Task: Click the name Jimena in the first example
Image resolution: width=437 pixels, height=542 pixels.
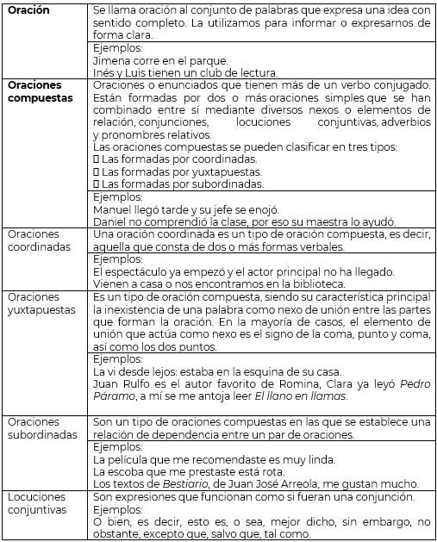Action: click(111, 60)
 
